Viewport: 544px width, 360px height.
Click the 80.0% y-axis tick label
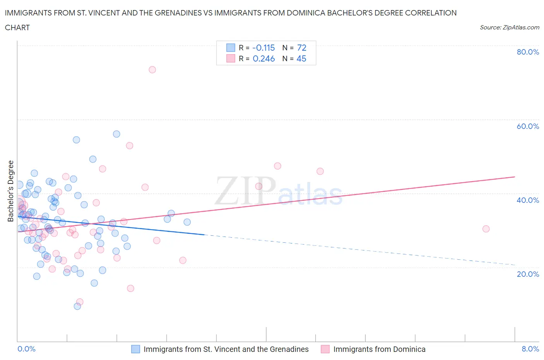pyautogui.click(x=528, y=52)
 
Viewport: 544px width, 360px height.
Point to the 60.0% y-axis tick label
pyautogui.click(x=528, y=126)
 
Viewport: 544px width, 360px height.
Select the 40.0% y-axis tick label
pyautogui.click(x=528, y=200)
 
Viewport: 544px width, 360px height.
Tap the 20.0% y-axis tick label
pyautogui.click(x=528, y=274)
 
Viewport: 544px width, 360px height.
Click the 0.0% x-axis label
pyautogui.click(x=26, y=349)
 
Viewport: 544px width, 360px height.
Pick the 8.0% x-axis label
pyautogui.click(x=530, y=349)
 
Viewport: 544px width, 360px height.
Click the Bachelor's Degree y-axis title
pyautogui.click(x=11, y=191)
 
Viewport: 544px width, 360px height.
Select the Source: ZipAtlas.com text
pyautogui.click(x=509, y=27)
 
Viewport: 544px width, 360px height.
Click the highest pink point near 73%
pyautogui.click(x=152, y=70)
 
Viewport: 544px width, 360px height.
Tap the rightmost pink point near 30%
pyautogui.click(x=486, y=229)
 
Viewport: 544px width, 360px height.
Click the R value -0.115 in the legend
pyautogui.click(x=263, y=48)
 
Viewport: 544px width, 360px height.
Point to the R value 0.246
pyautogui.click(x=263, y=58)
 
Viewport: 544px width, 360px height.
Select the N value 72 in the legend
pyautogui.click(x=302, y=48)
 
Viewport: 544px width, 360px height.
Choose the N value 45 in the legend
pyautogui.click(x=301, y=58)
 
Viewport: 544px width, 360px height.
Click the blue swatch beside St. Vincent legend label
pyautogui.click(x=135, y=349)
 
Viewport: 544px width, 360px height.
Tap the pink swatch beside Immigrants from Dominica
pyautogui.click(x=325, y=349)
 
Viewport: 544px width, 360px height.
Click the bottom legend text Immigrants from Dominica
pyautogui.click(x=379, y=349)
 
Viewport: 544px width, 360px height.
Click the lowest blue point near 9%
pyautogui.click(x=77, y=306)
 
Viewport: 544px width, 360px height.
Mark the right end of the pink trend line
pyautogui.click(x=515, y=177)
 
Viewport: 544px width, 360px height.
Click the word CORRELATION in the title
pyautogui.click(x=431, y=13)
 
